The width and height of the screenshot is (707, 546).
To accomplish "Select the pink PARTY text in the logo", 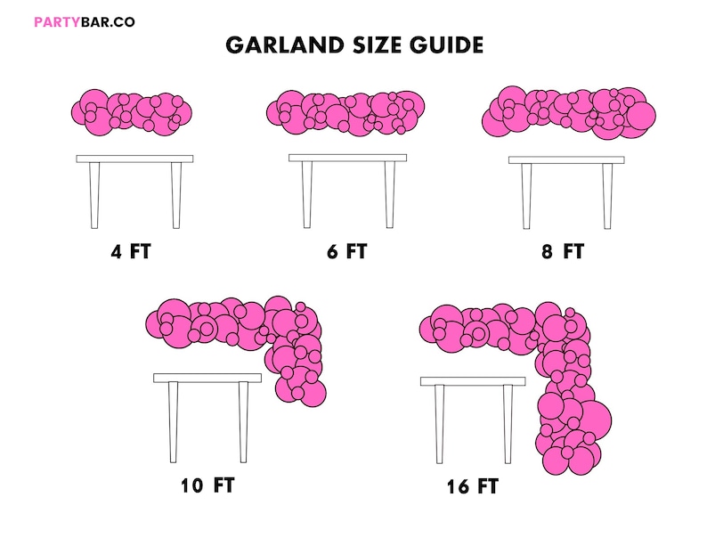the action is (x=58, y=22).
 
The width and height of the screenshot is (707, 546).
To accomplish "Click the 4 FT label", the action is (x=131, y=251).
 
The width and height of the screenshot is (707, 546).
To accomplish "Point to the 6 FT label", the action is (x=347, y=251).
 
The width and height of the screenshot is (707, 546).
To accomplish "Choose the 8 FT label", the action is (x=563, y=251).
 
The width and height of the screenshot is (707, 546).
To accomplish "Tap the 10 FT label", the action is (x=207, y=485).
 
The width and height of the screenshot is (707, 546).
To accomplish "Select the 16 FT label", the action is (x=473, y=486).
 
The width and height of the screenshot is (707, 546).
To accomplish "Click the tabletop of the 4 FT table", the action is (x=134, y=159).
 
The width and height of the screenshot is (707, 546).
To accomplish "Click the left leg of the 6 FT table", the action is (x=307, y=195).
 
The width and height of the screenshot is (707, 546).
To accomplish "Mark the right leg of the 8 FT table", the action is (x=607, y=196).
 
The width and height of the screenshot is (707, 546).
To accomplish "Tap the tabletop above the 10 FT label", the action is (x=207, y=378).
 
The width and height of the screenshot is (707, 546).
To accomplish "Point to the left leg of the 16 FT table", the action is (x=440, y=424).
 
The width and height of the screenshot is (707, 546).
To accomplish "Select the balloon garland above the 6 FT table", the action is (x=345, y=113).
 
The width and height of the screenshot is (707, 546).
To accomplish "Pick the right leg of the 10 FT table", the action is (x=243, y=422).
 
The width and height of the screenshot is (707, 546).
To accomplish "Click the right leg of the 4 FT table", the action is (x=176, y=195).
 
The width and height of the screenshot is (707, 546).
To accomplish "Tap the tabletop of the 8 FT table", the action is (x=567, y=160).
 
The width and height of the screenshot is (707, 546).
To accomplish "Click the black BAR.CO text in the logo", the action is (x=109, y=22).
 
